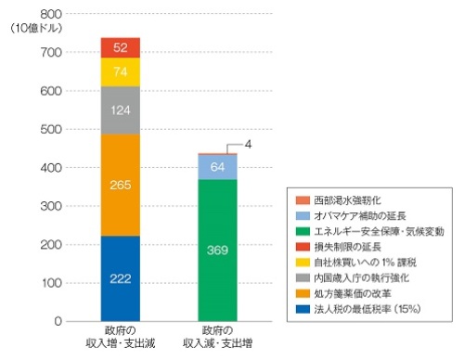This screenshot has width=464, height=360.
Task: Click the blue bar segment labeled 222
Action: click(121, 278)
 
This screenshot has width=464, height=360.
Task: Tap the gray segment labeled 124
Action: click(121, 110)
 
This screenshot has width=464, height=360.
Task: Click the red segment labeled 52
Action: click(121, 47)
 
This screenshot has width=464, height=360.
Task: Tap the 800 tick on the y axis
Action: click(50, 15)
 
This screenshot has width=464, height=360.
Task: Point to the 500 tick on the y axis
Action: click(50, 130)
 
